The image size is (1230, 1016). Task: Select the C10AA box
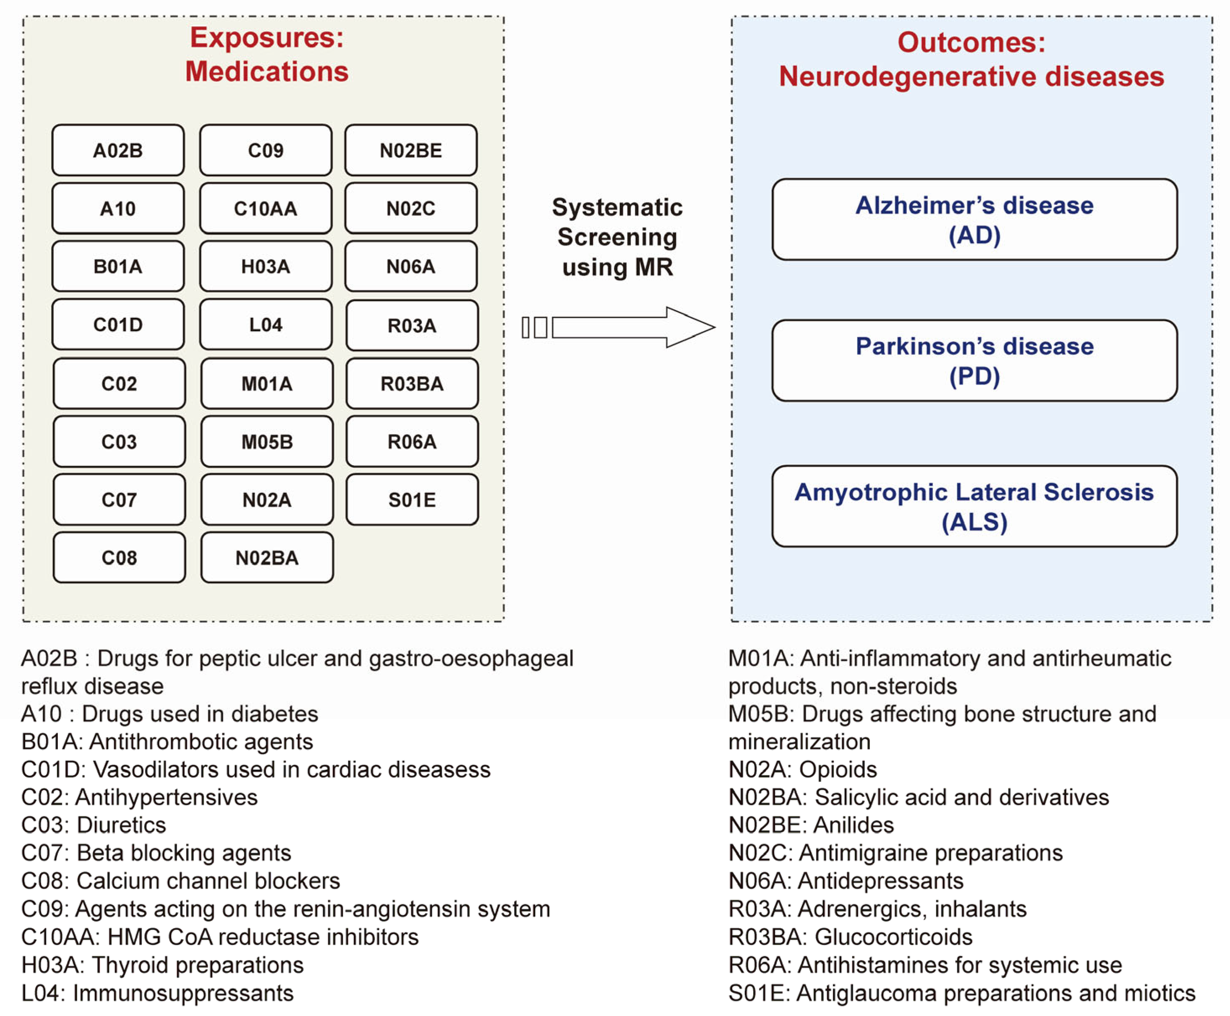click(266, 208)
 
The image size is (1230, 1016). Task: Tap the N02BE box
click(410, 150)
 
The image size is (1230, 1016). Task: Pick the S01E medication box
click(412, 499)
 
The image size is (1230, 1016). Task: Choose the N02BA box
click(267, 557)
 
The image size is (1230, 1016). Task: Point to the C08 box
click(119, 557)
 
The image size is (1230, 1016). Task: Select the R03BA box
click(412, 383)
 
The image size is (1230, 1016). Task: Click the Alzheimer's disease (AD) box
click(974, 220)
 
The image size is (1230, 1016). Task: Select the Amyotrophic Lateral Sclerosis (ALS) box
click(974, 506)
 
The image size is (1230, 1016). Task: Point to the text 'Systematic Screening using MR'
click(617, 237)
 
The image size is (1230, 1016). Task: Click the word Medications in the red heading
click(267, 71)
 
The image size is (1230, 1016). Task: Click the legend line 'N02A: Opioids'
click(802, 769)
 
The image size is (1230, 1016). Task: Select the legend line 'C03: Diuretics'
click(94, 825)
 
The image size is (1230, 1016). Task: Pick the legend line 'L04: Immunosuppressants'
click(157, 993)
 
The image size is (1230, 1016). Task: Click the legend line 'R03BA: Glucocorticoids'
click(850, 937)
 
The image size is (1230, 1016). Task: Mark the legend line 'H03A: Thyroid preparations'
click(162, 965)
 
